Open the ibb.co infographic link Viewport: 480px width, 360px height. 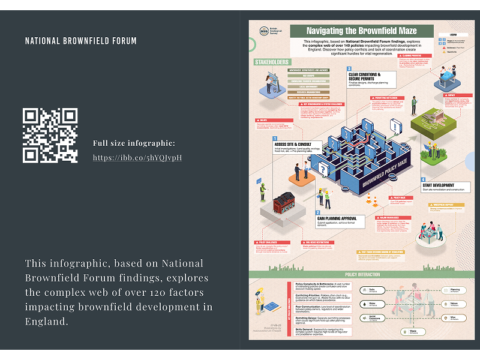(x=137, y=158)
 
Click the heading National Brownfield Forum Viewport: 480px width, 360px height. (x=81, y=41)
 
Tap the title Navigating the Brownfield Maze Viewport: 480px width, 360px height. (x=361, y=31)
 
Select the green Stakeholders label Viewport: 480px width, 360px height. (x=272, y=62)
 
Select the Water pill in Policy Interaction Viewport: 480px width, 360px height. (x=372, y=304)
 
